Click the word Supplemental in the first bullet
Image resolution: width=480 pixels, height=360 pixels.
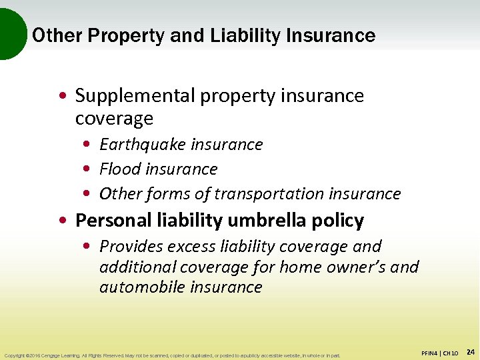click(x=127, y=96)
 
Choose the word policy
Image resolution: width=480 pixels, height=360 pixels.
click(x=340, y=221)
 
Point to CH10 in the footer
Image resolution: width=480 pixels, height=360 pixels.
click(x=450, y=353)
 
